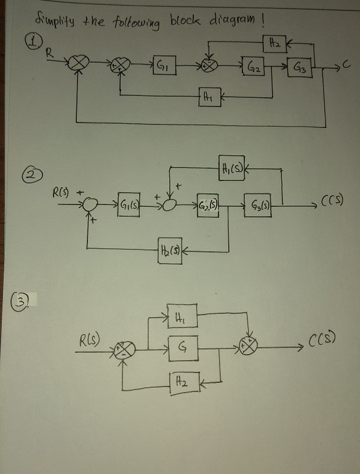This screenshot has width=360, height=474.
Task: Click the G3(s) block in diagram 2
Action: [260, 203]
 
